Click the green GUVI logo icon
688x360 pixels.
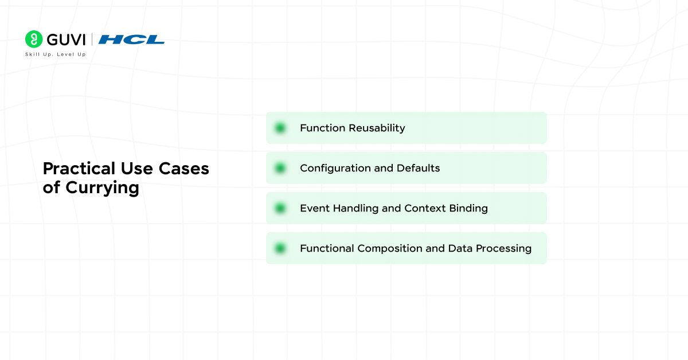pyautogui.click(x=34, y=39)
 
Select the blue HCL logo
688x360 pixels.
pyautogui.click(x=131, y=40)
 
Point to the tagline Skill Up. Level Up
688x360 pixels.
pyautogui.click(x=55, y=54)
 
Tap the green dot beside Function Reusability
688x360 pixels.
pyautogui.click(x=280, y=128)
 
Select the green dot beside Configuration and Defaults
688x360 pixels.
pyautogui.click(x=280, y=168)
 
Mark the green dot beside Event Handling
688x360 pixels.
pyautogui.click(x=280, y=208)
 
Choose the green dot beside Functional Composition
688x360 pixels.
pyautogui.click(x=280, y=248)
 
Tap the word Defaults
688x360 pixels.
pyautogui.click(x=419, y=168)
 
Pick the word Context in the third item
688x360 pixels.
pyautogui.click(x=424, y=208)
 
